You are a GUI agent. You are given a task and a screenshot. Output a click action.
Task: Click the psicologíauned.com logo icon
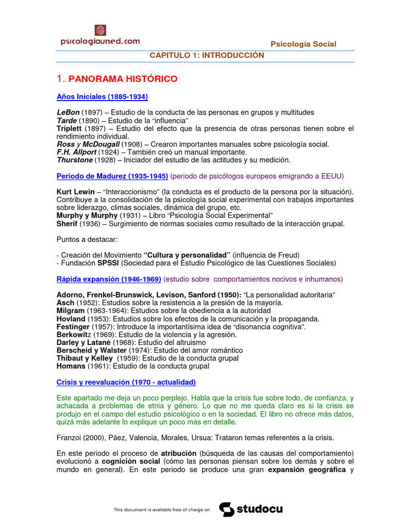click(x=100, y=30)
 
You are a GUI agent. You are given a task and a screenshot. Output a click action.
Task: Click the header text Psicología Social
click(x=304, y=44)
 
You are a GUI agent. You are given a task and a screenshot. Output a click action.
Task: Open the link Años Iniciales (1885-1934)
click(x=102, y=96)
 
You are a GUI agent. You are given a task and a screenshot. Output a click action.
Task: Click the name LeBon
click(x=69, y=112)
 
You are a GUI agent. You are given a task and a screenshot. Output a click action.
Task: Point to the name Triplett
click(x=70, y=128)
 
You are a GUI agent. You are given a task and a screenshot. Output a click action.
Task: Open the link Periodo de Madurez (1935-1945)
click(x=112, y=176)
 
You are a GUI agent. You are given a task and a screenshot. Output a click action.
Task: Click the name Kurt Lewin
click(x=75, y=192)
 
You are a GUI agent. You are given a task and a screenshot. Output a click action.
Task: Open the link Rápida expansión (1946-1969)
click(x=109, y=279)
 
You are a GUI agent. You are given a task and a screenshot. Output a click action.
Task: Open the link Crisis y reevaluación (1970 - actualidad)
click(x=126, y=382)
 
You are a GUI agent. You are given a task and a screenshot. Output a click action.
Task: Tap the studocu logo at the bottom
click(x=251, y=509)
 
